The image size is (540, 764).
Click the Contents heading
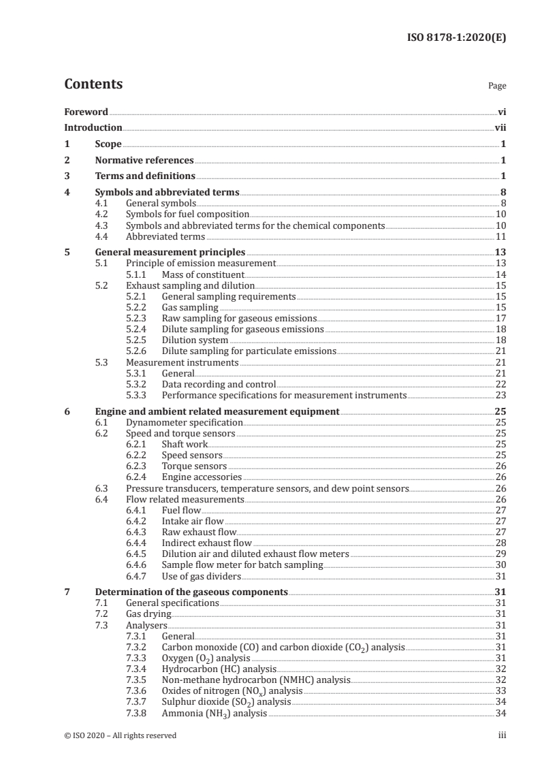point(93,84)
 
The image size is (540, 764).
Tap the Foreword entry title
point(86,112)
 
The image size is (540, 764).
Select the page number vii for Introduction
point(501,127)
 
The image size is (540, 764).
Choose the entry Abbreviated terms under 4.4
point(165,236)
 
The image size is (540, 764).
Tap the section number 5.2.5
point(138,339)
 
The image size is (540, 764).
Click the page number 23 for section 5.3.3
point(501,395)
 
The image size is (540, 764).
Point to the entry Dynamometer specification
point(185,422)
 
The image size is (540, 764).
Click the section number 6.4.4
point(138,543)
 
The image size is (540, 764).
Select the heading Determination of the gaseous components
point(191,592)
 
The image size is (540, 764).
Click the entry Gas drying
point(149,614)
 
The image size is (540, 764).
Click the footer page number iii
point(503,735)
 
